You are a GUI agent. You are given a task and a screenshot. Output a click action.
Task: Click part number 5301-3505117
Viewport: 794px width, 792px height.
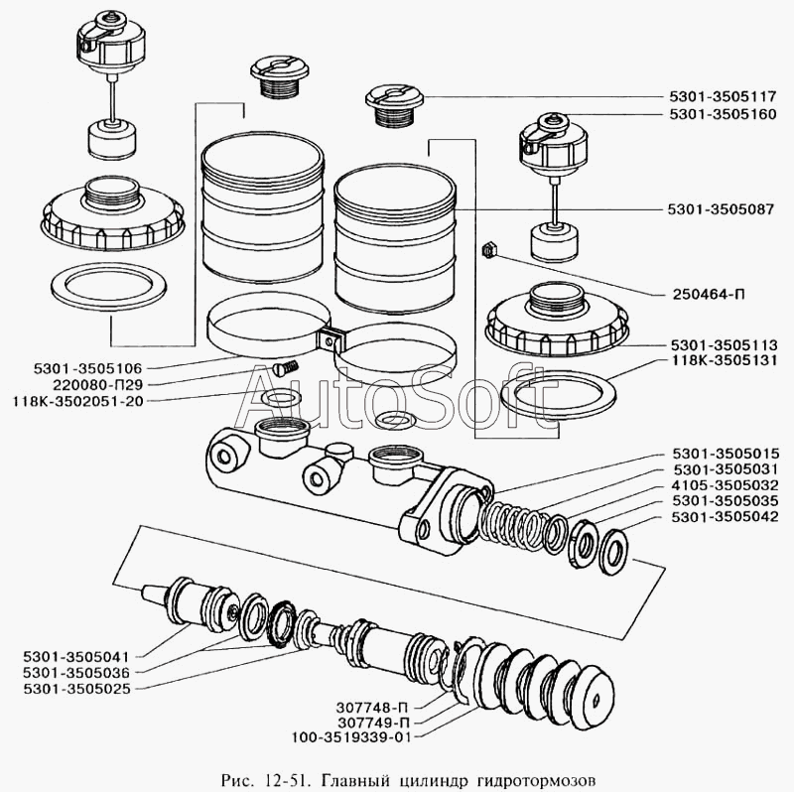723,96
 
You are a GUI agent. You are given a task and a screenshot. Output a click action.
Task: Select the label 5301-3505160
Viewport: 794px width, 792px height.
723,114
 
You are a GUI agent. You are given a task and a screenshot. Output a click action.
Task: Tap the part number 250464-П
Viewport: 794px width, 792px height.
709,294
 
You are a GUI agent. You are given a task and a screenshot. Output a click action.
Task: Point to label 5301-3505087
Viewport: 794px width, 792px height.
721,209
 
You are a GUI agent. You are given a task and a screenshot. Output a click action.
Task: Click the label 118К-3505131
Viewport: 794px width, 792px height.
724,360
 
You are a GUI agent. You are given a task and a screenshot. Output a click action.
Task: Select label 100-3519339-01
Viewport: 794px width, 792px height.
351,736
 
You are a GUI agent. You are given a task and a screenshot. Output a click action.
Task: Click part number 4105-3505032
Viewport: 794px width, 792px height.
726,485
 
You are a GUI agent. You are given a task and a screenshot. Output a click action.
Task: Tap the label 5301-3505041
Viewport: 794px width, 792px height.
76,657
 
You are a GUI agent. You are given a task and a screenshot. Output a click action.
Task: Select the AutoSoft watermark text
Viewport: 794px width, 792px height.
398,401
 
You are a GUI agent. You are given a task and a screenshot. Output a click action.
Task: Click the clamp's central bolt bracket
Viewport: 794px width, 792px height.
331,338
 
